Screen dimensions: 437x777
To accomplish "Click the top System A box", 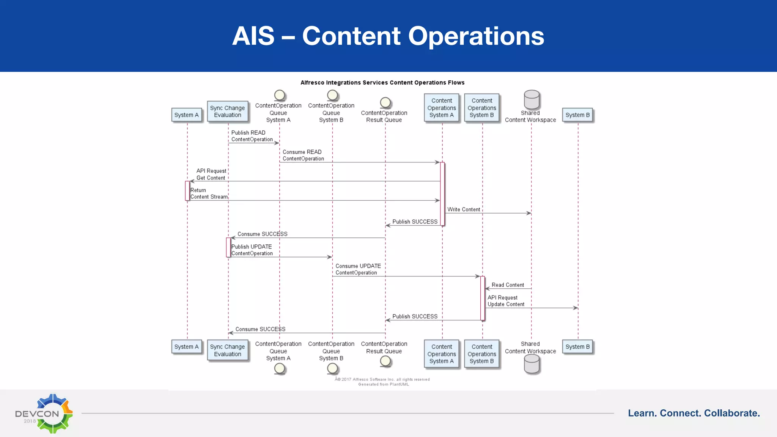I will pyautogui.click(x=186, y=115).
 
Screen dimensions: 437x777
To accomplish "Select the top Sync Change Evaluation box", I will pyautogui.click(x=228, y=112).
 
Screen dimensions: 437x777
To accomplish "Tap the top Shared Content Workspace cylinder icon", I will pyautogui.click(x=532, y=99).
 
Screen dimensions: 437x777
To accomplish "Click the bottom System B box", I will pyautogui.click(x=577, y=347).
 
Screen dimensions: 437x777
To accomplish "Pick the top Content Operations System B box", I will pyautogui.click(x=482, y=108).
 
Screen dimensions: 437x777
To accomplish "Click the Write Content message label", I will pyautogui.click(x=464, y=209).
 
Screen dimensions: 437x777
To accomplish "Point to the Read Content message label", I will pyautogui.click(x=508, y=285).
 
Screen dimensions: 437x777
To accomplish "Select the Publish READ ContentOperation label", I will pyautogui.click(x=252, y=136).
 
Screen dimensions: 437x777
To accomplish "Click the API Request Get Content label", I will pyautogui.click(x=211, y=174).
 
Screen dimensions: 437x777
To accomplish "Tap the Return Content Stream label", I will pyautogui.click(x=209, y=193).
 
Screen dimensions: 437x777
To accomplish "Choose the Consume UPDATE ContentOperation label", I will pyautogui.click(x=358, y=269).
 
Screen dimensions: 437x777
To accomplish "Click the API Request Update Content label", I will pyautogui.click(x=506, y=301).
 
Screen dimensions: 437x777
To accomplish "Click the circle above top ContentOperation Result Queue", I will pyautogui.click(x=385, y=102).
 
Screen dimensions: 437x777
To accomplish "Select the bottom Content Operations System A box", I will pyautogui.click(x=442, y=354).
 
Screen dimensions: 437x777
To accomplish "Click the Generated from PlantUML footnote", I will pyautogui.click(x=384, y=384).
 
